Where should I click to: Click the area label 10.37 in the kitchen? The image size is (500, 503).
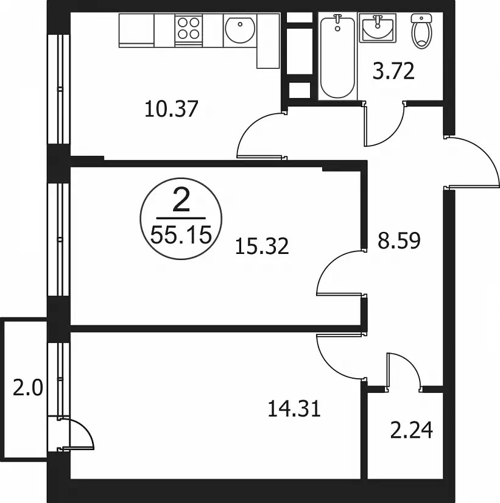tap(171, 109)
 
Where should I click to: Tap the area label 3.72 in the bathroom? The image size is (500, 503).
tap(393, 71)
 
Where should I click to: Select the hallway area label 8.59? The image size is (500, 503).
tap(399, 241)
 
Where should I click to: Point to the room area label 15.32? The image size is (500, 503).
tap(262, 247)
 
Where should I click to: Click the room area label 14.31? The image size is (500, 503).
tap(294, 409)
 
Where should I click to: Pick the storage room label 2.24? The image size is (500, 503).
tap(412, 430)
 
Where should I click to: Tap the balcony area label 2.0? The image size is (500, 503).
tap(27, 387)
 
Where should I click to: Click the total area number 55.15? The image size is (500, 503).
tap(181, 235)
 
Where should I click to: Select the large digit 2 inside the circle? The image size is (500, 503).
tap(181, 200)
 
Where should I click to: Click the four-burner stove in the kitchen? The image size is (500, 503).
tap(189, 30)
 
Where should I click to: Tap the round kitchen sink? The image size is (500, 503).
tap(240, 30)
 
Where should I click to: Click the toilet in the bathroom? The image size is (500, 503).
tap(422, 31)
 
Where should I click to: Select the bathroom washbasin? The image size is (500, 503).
tap(377, 28)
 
